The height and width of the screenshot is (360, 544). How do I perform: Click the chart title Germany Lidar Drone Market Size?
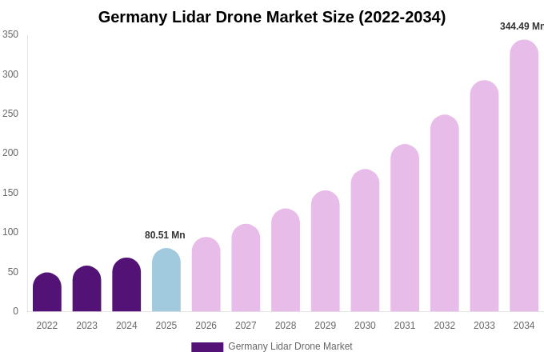click(272, 17)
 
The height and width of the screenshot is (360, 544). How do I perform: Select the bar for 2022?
click(47, 293)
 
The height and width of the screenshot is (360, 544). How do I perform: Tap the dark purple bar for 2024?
click(126, 286)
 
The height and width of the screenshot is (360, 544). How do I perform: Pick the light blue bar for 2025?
click(166, 281)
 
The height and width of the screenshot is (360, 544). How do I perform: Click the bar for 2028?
click(286, 261)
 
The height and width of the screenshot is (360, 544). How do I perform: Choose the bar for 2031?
click(405, 229)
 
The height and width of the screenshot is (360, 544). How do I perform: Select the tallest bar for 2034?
click(524, 176)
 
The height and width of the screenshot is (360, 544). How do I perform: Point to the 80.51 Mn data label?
click(165, 235)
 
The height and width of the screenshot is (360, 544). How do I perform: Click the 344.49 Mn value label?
click(522, 26)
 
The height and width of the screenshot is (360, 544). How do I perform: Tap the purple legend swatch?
click(207, 347)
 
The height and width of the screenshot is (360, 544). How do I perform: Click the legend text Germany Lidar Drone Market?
click(290, 346)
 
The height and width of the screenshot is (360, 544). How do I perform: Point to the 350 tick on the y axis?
click(10, 34)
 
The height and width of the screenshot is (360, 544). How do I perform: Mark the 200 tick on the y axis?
click(10, 153)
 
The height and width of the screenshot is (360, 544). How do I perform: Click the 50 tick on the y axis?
click(13, 272)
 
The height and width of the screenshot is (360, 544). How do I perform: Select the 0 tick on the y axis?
click(15, 311)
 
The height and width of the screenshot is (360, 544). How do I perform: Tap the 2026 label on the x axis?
click(206, 326)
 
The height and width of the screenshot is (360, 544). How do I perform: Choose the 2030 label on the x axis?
click(365, 326)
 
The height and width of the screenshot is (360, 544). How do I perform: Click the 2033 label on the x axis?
click(484, 326)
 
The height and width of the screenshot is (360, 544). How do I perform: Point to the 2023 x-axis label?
click(87, 326)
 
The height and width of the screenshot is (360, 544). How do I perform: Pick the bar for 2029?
click(326, 252)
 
